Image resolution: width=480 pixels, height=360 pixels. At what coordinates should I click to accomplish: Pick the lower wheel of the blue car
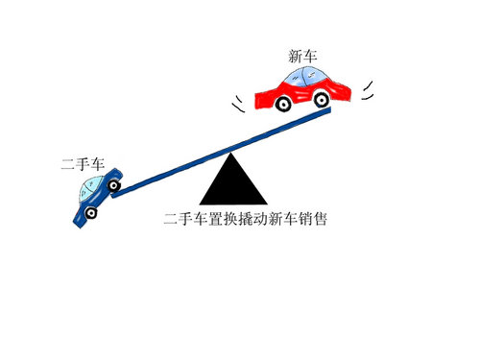(91, 212)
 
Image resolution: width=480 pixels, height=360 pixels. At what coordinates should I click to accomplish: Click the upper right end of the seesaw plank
(329, 110)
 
